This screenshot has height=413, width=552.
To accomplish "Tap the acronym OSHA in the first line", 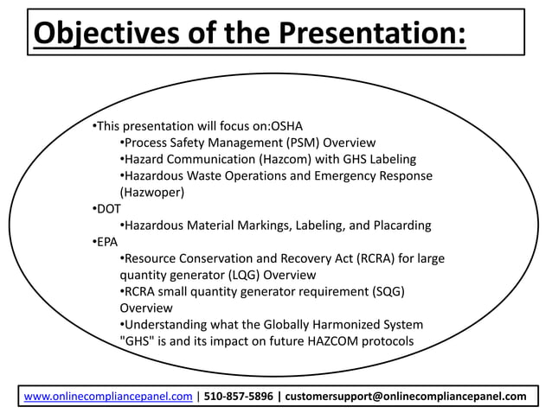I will pyautogui.click(x=286, y=125).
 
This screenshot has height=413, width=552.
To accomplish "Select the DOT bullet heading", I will pyautogui.click(x=108, y=208).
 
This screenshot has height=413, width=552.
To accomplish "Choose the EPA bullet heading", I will pyautogui.click(x=107, y=241).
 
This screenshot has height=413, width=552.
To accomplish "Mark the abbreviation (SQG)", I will pyautogui.click(x=386, y=291).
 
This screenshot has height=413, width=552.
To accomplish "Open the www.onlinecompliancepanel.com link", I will pyautogui.click(x=107, y=397).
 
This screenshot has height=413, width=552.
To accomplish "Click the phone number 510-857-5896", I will pyautogui.click(x=238, y=397).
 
